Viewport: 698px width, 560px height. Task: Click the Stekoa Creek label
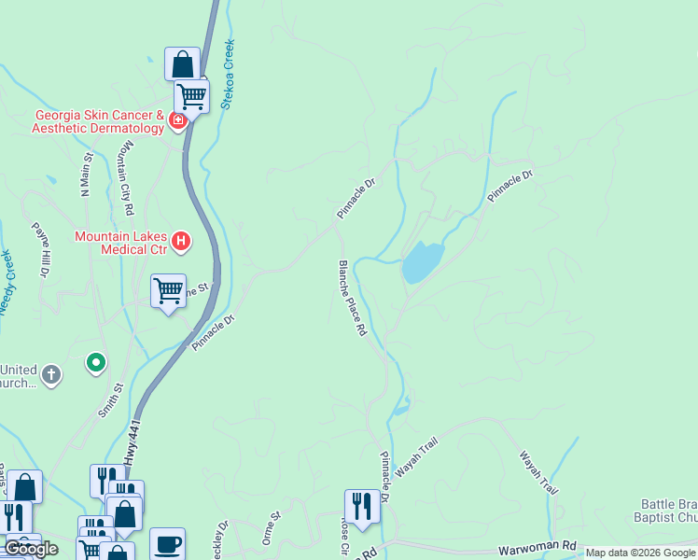[229, 75]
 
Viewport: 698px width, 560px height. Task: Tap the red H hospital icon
[182, 243]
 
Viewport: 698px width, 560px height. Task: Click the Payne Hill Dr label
[40, 250]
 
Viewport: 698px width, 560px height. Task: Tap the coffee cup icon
[167, 543]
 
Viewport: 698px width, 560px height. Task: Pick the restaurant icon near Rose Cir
[362, 505]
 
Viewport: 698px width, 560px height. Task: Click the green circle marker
[95, 362]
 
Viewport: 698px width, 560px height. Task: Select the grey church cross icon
[51, 375]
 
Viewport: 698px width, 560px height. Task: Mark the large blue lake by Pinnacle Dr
[422, 261]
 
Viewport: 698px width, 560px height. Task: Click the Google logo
[32, 549]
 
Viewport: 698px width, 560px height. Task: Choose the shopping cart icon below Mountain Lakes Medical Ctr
[168, 290]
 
